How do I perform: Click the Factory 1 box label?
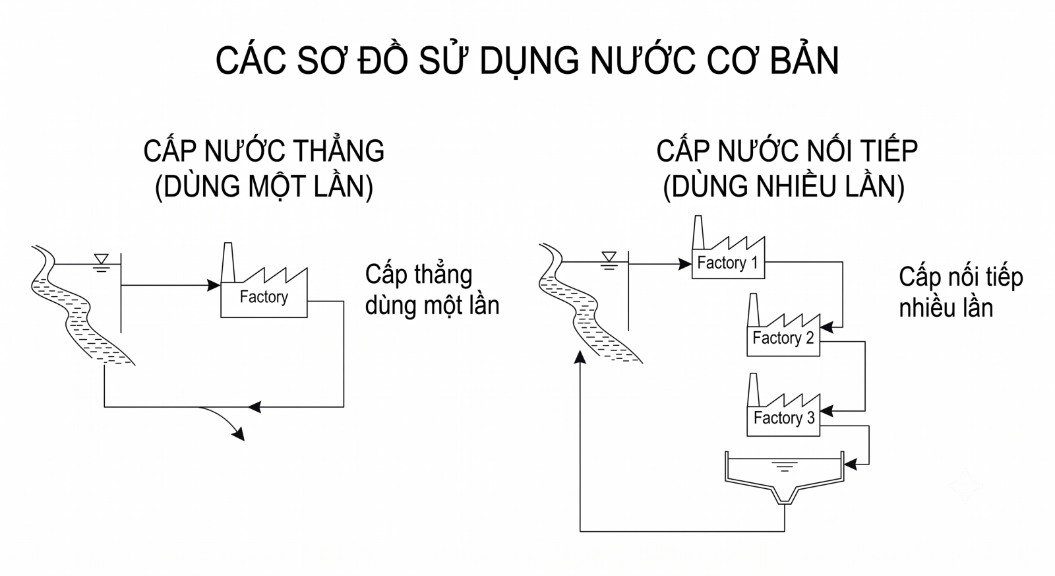pyautogui.click(x=727, y=263)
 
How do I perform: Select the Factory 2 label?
pyautogui.click(x=783, y=338)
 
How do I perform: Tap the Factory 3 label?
pyautogui.click(x=784, y=418)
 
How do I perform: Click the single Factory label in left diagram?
pyautogui.click(x=264, y=297)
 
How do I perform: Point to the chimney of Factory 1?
pyautogui.click(x=698, y=232)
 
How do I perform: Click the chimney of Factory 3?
pyautogui.click(x=753, y=390)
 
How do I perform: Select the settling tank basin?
pyautogui.click(x=784, y=478)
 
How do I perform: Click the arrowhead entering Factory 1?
pyautogui.click(x=685, y=264)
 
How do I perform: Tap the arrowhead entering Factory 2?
pyautogui.click(x=827, y=327)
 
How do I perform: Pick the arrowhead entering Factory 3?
pyautogui.click(x=827, y=411)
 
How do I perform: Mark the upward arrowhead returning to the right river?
pyautogui.click(x=580, y=358)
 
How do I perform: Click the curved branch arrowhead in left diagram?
pyautogui.click(x=238, y=435)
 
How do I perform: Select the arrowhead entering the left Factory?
pyautogui.click(x=214, y=285)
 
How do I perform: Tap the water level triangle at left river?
pyautogui.click(x=102, y=259)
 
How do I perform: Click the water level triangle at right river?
pyautogui.click(x=609, y=257)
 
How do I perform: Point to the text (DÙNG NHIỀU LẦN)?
pyautogui.click(x=784, y=187)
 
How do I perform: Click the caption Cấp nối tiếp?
pyautogui.click(x=961, y=278)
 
